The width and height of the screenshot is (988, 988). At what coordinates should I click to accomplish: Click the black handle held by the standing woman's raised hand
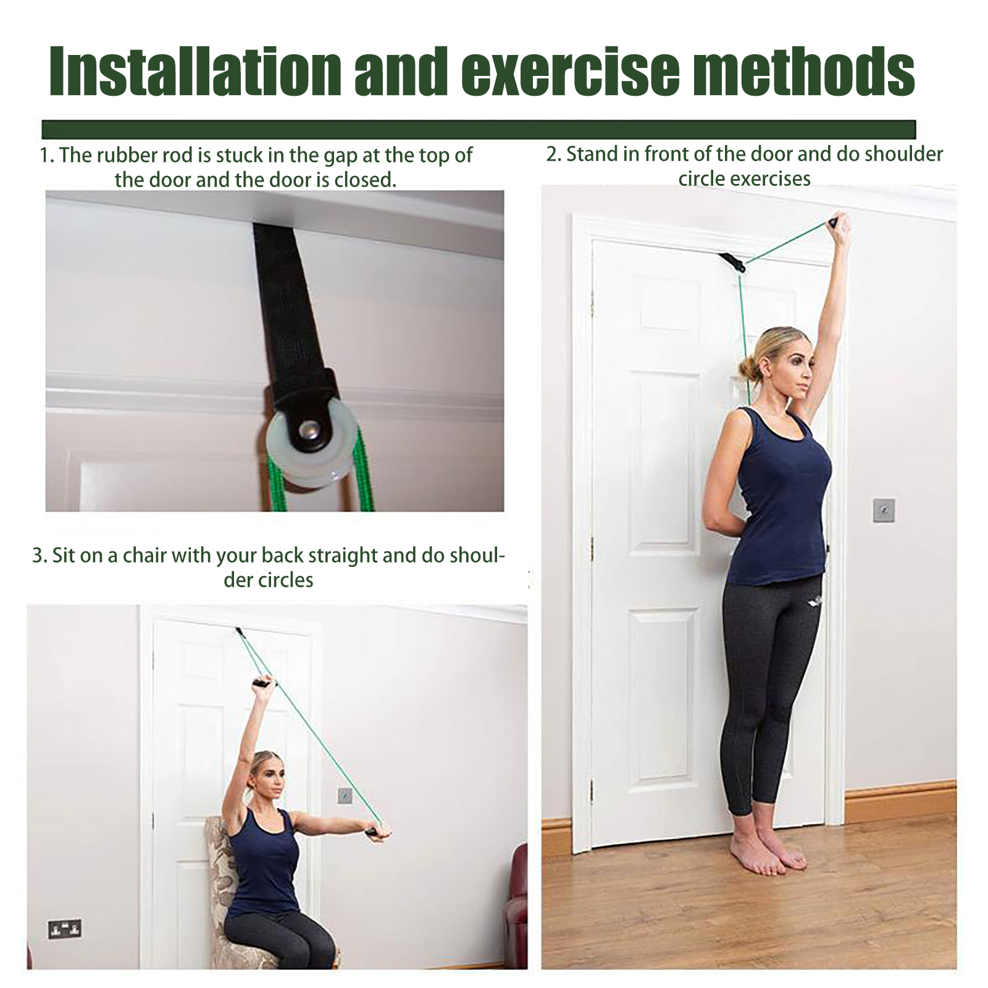pos(838,219)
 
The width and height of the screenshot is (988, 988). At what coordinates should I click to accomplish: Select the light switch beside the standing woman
pos(884,510)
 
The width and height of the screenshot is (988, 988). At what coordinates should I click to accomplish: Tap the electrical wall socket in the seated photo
pos(65,928)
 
